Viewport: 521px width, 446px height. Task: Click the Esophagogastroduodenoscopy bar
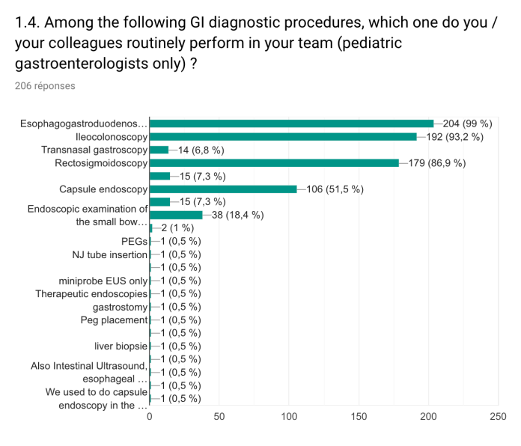[292, 123]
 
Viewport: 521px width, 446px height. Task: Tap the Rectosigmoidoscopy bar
[274, 163]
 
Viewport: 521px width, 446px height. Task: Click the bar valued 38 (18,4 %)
[176, 216]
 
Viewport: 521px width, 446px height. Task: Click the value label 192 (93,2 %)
[451, 137]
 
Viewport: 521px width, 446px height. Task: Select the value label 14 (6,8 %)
[201, 150]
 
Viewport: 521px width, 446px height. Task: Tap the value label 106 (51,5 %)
[335, 189]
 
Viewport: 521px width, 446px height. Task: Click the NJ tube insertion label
[109, 254]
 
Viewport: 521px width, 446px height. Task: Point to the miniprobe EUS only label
[103, 281]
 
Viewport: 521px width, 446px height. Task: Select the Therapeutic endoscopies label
[91, 293]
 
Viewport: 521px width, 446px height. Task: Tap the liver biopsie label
[121, 346]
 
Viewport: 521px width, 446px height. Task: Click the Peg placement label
[114, 320]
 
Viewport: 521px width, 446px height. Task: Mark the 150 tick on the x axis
[359, 415]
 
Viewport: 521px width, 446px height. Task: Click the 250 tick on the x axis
[498, 415]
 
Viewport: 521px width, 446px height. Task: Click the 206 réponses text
[45, 86]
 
